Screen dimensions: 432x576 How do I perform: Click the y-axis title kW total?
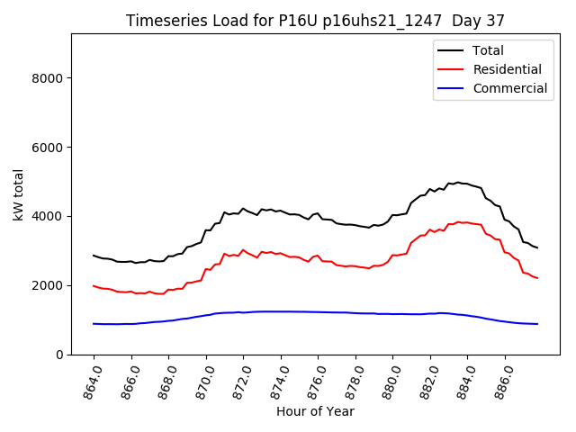tap(19, 194)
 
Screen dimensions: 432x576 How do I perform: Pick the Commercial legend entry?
tap(509, 88)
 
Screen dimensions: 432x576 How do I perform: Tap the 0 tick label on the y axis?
tap(58, 355)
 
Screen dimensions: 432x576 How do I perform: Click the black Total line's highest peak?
tap(457, 182)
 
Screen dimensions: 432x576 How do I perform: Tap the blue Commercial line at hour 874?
tap(282, 311)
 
